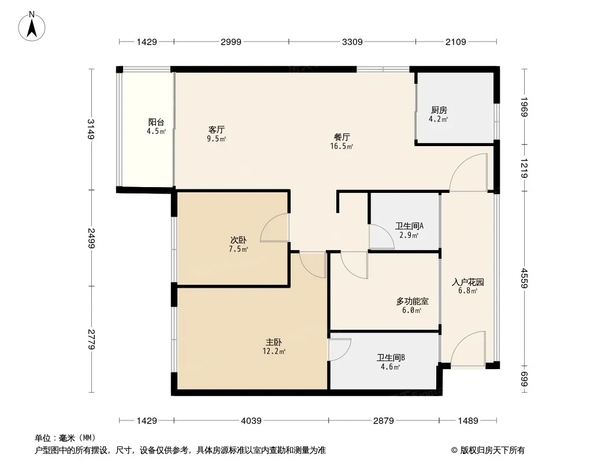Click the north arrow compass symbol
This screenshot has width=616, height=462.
point(32,27)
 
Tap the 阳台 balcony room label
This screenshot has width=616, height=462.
point(156,122)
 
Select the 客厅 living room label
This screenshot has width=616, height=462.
point(217,129)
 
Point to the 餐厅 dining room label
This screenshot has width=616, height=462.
point(342,137)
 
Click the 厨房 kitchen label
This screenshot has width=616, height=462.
point(439,110)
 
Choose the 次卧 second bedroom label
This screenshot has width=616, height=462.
point(239,240)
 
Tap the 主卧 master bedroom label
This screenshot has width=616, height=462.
point(274,342)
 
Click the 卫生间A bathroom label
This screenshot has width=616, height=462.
point(409,226)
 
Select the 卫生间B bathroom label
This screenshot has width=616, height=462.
point(391,357)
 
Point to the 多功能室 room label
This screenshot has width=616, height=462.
point(412,301)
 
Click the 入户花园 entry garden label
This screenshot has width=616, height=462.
point(468,282)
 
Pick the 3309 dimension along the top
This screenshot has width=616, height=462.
point(352,42)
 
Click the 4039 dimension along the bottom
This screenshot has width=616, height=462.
point(251,421)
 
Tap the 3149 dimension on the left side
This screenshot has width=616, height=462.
point(91,129)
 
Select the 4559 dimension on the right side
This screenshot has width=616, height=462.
point(525,278)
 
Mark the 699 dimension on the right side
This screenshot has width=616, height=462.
point(525,379)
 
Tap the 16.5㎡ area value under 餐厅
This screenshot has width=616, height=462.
point(342,147)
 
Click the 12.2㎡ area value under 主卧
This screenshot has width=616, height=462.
point(274,351)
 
